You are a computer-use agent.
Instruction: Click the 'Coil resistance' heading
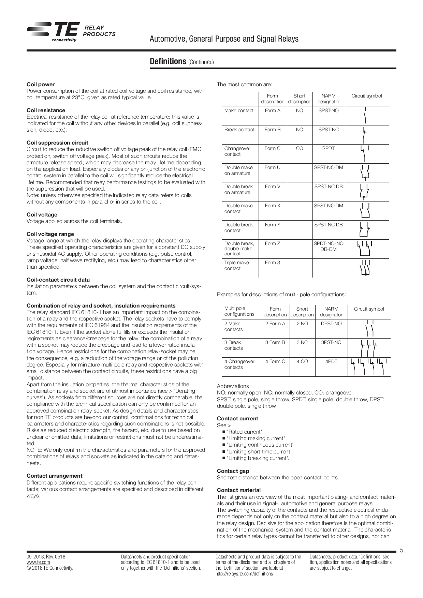46,110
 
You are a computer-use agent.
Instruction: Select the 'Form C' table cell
272,148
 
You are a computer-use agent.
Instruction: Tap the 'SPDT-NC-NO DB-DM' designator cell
329,246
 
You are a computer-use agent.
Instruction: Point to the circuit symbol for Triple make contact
365,268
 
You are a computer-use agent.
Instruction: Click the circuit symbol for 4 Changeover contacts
369,367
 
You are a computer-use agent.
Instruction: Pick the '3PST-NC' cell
331,342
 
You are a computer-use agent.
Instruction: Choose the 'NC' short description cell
299,130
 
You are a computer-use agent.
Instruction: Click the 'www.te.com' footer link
38,562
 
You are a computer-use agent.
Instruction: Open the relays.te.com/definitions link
244,574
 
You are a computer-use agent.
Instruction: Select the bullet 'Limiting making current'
256,438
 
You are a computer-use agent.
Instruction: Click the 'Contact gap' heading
233,471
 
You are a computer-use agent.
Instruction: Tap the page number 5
402,550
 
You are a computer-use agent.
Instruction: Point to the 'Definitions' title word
168,61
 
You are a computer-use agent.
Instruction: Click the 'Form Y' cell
272,225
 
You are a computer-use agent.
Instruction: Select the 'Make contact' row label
239,110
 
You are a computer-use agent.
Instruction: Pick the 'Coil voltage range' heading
50,234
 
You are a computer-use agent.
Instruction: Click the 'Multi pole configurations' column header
239,311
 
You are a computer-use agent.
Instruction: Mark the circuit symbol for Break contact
365,135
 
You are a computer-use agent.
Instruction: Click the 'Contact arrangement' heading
54,476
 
